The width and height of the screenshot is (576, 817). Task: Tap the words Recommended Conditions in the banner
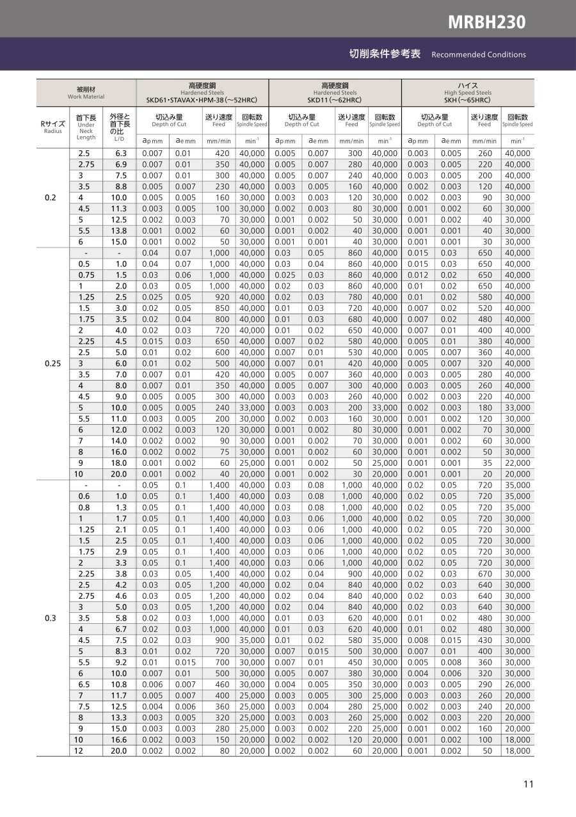[x=479, y=54]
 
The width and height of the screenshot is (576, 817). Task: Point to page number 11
[x=528, y=785]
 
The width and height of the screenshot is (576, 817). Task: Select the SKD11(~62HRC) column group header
[x=335, y=100]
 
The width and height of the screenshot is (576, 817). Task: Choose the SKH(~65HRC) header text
[x=467, y=100]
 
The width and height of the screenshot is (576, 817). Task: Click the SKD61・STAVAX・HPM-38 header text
[x=202, y=100]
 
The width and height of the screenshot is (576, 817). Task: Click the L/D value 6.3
[x=119, y=154]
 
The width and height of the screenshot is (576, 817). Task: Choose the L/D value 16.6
[x=119, y=740]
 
